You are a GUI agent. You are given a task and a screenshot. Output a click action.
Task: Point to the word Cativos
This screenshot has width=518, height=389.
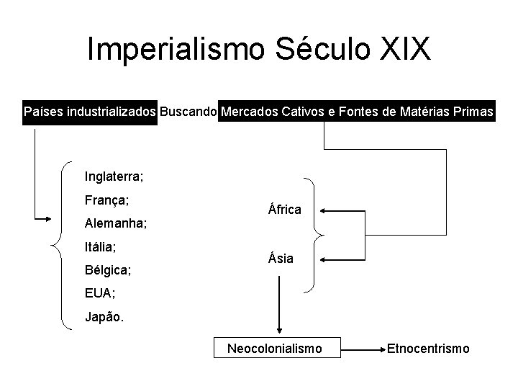[314, 112]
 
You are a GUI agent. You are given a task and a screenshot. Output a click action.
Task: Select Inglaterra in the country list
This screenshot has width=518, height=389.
[114, 175]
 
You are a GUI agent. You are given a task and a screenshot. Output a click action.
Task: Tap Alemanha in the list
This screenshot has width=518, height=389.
[116, 223]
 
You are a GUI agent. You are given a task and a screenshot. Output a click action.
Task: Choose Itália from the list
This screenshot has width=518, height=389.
[101, 246]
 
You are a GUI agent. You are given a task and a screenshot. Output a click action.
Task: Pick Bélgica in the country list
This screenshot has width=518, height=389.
[107, 271]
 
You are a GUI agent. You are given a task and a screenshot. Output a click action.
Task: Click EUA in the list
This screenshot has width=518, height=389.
[99, 294]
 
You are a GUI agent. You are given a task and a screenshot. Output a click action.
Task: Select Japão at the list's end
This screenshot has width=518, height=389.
[104, 318]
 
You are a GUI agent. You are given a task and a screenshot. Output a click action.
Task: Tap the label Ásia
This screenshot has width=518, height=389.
[281, 258]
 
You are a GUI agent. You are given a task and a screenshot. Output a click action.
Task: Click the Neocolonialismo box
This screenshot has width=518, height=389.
[274, 349]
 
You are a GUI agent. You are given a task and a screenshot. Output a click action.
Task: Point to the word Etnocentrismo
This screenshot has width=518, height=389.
[428, 349]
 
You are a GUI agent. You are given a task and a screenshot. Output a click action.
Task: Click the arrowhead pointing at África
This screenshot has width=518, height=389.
[323, 211]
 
